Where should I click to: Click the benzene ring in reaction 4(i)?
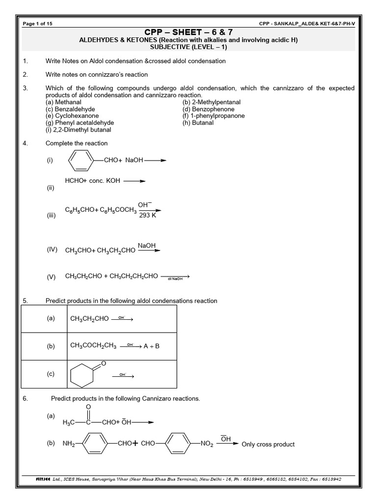tap(79, 160)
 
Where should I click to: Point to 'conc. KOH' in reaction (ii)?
tap(105, 181)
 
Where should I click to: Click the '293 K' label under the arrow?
tap(147, 216)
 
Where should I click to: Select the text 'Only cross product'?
tap(269, 445)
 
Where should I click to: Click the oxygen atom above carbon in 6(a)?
tap(88, 407)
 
